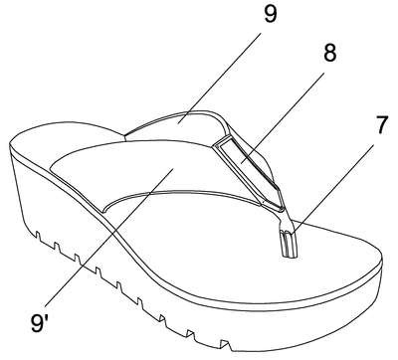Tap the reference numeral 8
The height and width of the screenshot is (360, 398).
pyautogui.click(x=329, y=52)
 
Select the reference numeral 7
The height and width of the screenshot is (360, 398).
pyautogui.click(x=381, y=124)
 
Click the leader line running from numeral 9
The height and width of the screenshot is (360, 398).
pyautogui.click(x=220, y=79)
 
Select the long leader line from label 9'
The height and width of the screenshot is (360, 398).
pyautogui.click(x=108, y=238)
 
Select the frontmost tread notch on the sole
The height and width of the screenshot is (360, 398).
pyautogui.click(x=226, y=344)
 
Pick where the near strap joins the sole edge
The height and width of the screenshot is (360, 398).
pyautogui.click(x=103, y=210)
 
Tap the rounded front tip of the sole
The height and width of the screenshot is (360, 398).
pyautogui.click(x=381, y=267)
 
